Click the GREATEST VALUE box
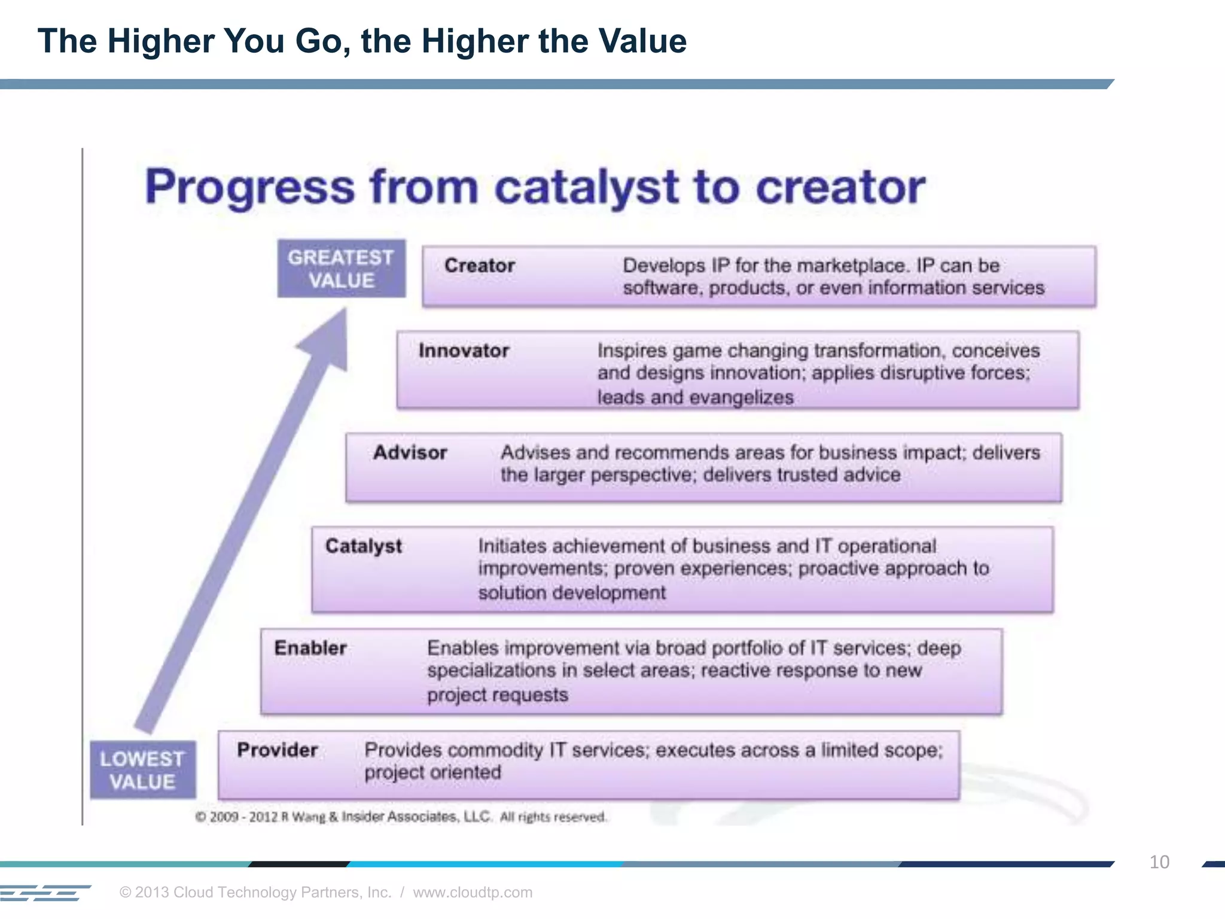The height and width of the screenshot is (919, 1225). pyautogui.click(x=341, y=269)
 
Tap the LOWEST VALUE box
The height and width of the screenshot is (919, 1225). pyautogui.click(x=142, y=770)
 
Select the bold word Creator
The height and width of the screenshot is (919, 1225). pyautogui.click(x=479, y=266)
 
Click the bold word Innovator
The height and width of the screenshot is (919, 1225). pyautogui.click(x=464, y=351)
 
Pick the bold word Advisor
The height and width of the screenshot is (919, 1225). pyautogui.click(x=410, y=453)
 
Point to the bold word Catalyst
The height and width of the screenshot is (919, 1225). pyautogui.click(x=363, y=546)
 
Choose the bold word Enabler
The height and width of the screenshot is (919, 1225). pyautogui.click(x=310, y=648)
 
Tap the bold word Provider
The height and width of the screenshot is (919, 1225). pyautogui.click(x=277, y=750)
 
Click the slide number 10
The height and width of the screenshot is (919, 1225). pyautogui.click(x=1159, y=862)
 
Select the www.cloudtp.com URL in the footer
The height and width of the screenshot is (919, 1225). pyautogui.click(x=472, y=892)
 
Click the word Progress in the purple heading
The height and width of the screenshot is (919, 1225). pyautogui.click(x=250, y=187)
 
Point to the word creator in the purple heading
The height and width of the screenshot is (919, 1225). pyautogui.click(x=840, y=187)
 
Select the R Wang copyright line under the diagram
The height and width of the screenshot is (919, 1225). pyautogui.click(x=401, y=817)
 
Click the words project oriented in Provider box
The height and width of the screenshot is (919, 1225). pyautogui.click(x=432, y=772)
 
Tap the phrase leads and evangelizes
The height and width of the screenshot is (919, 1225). pyautogui.click(x=695, y=397)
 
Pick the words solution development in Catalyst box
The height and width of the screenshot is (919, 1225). pyautogui.click(x=571, y=593)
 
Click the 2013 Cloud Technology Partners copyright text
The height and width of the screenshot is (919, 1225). pyautogui.click(x=255, y=892)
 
